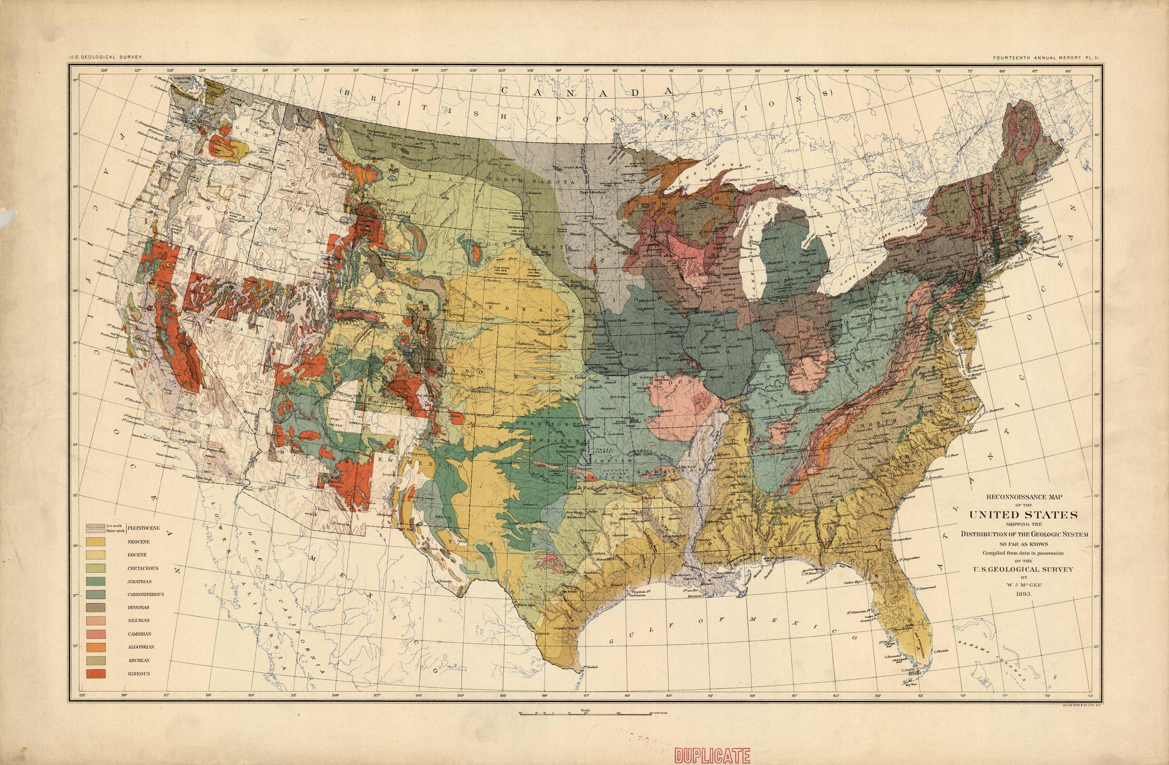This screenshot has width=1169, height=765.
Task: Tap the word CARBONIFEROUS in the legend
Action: click(146, 594)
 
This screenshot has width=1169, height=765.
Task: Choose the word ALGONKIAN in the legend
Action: click(142, 647)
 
